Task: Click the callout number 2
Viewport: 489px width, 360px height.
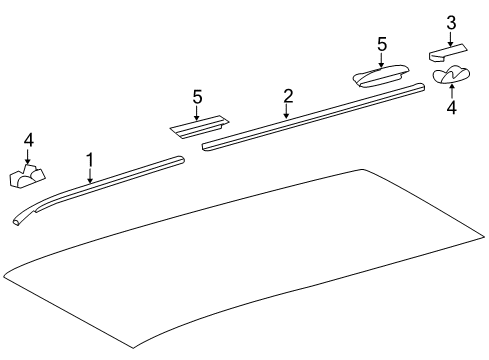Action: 288,96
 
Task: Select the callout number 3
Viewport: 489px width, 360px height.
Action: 451,22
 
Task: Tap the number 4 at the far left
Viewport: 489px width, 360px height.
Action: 28,139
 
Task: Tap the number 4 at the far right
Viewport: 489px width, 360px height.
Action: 451,107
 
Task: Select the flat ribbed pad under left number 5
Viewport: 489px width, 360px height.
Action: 197,126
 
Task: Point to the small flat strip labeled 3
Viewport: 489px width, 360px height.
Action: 449,49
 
